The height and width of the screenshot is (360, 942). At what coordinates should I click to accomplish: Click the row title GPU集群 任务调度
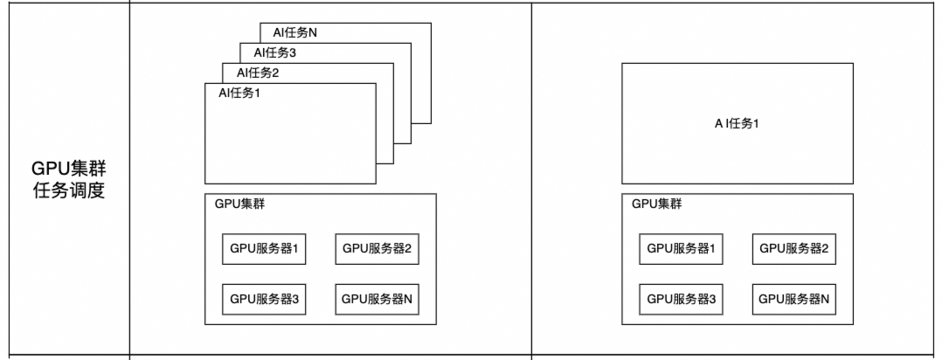(68, 179)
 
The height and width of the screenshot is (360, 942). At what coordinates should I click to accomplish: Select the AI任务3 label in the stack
(263, 52)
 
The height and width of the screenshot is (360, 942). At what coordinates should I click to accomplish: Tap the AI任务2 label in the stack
(245, 72)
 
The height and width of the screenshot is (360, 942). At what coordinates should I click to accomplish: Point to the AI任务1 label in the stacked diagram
(239, 93)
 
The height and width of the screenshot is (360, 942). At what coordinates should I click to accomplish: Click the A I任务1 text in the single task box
(737, 123)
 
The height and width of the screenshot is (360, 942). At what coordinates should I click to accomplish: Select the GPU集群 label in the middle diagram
(240, 204)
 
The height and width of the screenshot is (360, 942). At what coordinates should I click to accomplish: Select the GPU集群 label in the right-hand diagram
(657, 204)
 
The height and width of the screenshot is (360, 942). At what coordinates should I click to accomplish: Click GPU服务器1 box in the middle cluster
(265, 249)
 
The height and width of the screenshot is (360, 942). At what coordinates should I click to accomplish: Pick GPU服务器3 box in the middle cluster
(265, 299)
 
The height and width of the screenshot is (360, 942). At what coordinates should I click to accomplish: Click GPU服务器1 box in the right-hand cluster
(682, 249)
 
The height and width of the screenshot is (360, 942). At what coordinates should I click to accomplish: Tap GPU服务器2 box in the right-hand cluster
(793, 249)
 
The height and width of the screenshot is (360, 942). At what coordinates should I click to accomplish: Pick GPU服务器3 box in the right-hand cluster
(682, 299)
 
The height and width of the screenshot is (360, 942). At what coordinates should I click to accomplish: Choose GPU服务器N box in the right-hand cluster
(793, 299)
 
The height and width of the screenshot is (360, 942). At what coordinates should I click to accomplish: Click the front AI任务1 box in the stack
(290, 140)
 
